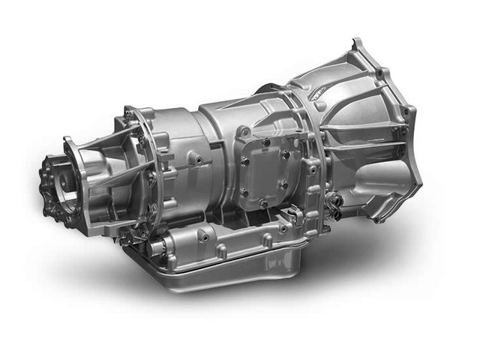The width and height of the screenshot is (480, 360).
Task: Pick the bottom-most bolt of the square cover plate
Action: (262, 203)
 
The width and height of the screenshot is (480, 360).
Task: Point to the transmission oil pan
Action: (225, 266)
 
